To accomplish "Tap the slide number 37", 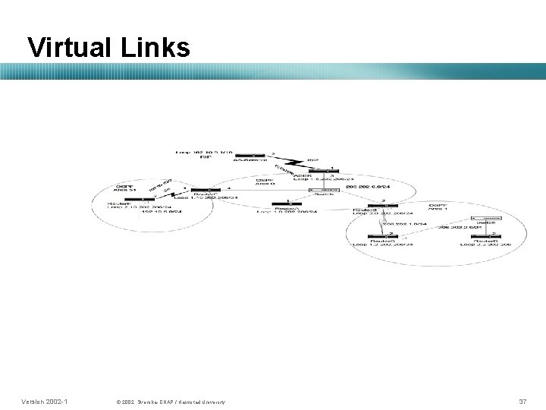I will coord(522,400).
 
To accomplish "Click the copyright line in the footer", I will coord(170,401).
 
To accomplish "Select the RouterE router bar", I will coord(204,191).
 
